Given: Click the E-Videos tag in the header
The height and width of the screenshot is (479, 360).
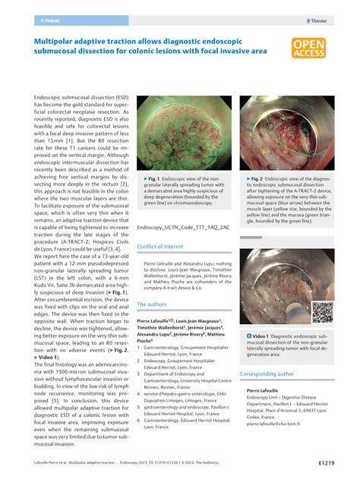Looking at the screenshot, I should (x=51, y=22).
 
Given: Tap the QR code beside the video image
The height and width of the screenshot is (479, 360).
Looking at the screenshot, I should (x=322, y=311).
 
